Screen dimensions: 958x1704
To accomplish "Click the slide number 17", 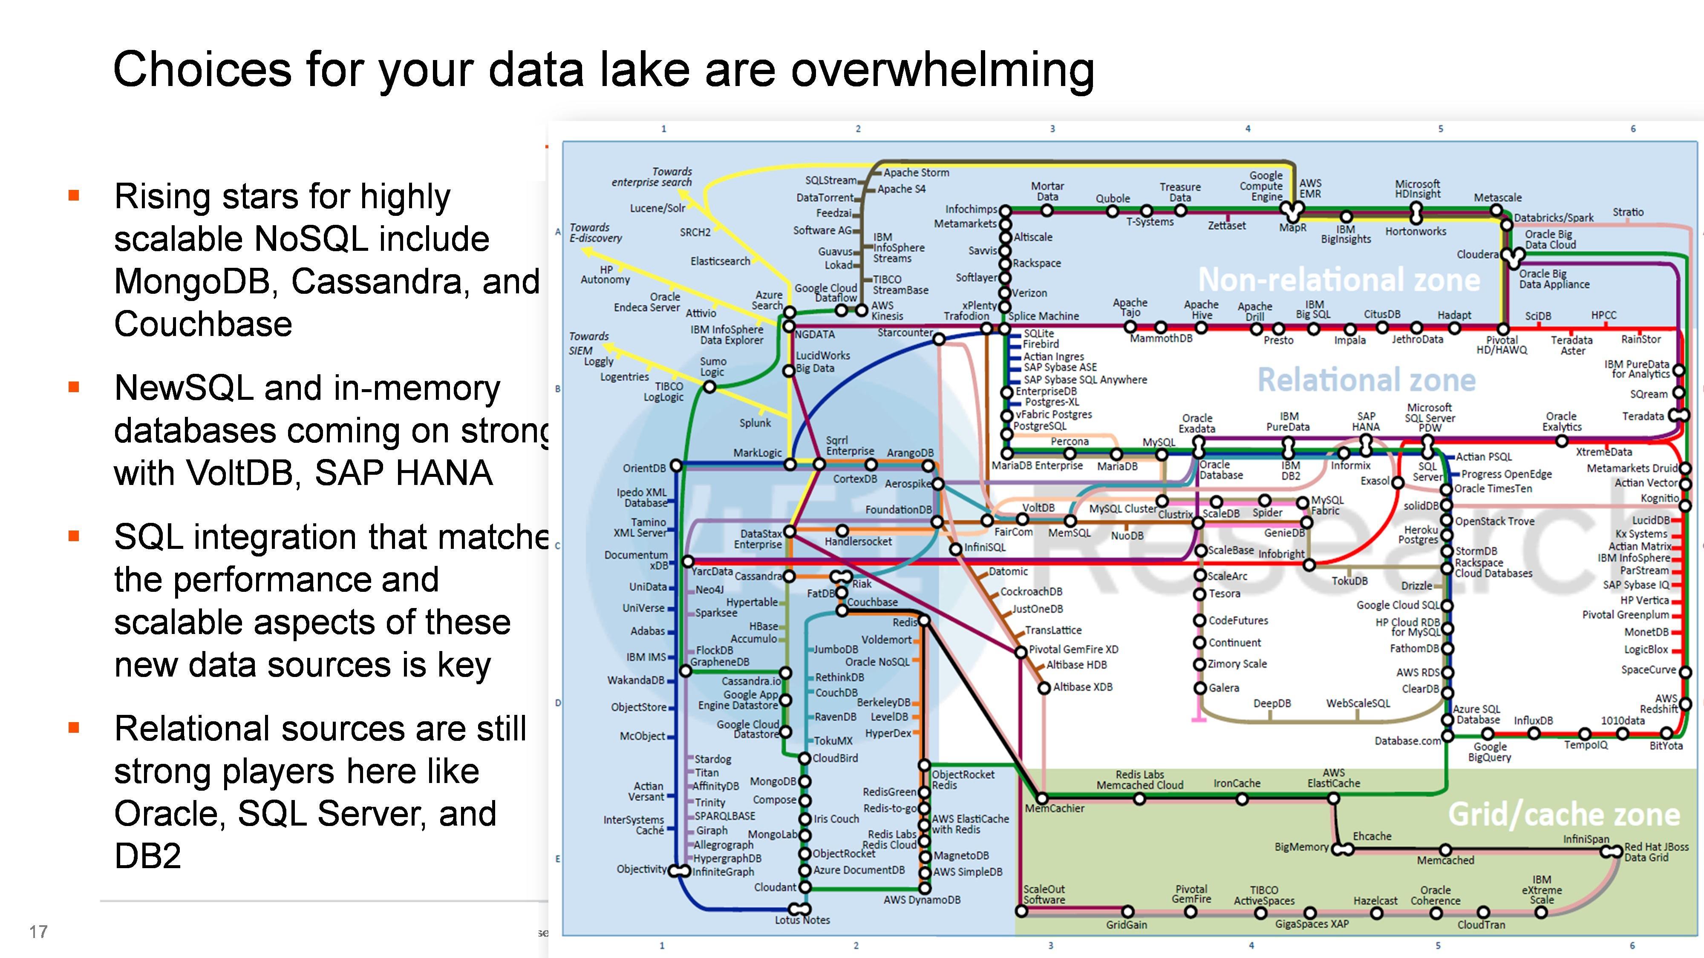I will pyautogui.click(x=38, y=932).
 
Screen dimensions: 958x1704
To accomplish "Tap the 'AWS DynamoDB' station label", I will pyautogui.click(x=922, y=900).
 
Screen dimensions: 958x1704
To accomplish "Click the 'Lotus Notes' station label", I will pyautogui.click(x=802, y=920).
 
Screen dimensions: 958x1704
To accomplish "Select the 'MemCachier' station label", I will pyautogui.click(x=1055, y=809).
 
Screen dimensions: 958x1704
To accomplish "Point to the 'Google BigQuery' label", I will pyautogui.click(x=1490, y=752).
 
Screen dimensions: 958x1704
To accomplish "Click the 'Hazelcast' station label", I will pyautogui.click(x=1375, y=901).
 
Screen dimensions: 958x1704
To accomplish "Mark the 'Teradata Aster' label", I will pyautogui.click(x=1572, y=345).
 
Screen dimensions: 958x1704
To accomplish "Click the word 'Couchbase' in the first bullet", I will pyautogui.click(x=203, y=324).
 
